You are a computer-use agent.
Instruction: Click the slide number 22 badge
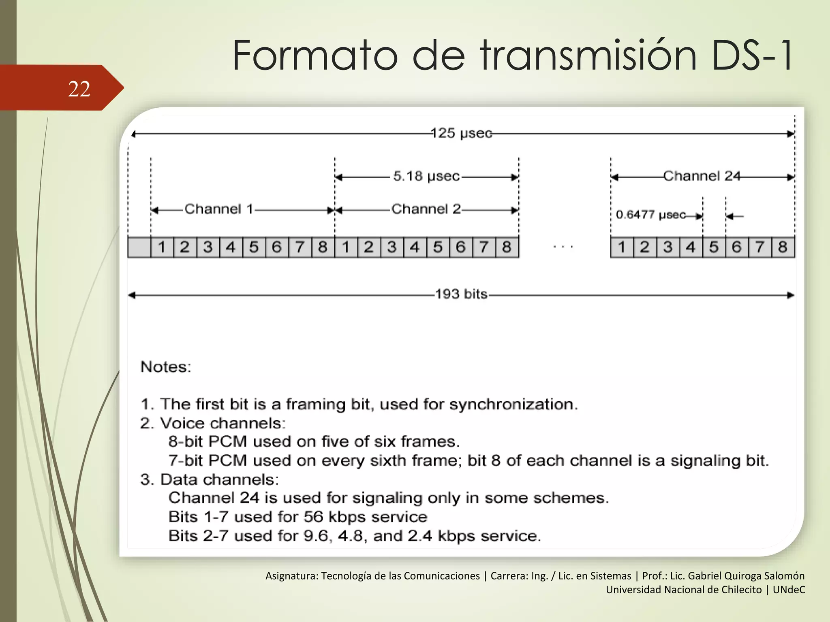(x=79, y=89)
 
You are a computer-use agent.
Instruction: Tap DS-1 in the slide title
(x=752, y=55)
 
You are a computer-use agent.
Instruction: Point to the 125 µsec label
(x=461, y=133)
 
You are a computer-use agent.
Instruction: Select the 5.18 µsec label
(x=426, y=176)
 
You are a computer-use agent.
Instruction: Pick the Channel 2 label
(x=426, y=209)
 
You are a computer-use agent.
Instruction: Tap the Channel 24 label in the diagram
(x=702, y=176)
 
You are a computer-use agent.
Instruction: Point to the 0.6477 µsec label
(x=650, y=215)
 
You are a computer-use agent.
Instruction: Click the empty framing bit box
(x=139, y=247)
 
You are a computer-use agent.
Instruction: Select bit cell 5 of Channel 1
(x=254, y=247)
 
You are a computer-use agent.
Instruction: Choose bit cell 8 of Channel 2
(x=507, y=247)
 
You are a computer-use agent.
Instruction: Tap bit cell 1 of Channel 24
(x=622, y=247)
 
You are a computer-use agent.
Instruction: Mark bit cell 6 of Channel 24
(x=736, y=247)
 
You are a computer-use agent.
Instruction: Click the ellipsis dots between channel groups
(x=563, y=246)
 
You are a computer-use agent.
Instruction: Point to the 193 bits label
(x=461, y=294)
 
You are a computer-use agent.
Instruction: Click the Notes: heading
(x=165, y=367)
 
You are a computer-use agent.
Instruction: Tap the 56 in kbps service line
(x=314, y=517)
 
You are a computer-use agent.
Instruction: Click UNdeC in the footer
(x=789, y=590)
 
